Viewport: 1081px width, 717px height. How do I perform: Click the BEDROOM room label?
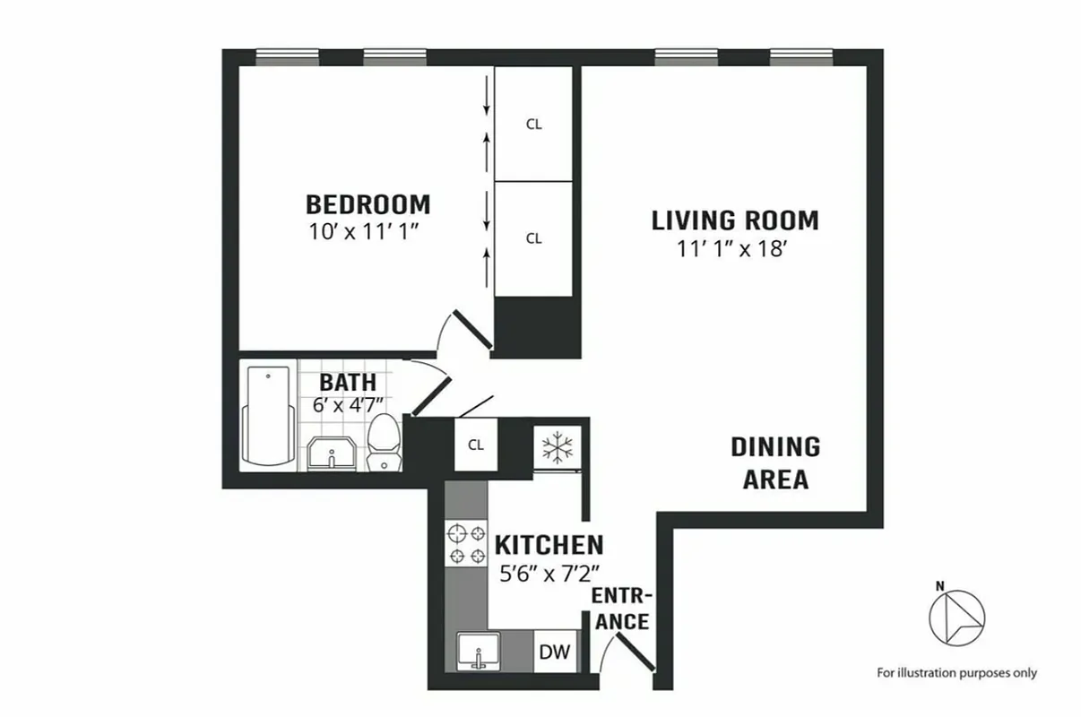coord(368,203)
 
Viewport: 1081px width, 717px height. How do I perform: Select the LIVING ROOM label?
coord(735,220)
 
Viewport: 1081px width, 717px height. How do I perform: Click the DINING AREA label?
coord(775,462)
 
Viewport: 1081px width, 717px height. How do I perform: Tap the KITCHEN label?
coord(549,545)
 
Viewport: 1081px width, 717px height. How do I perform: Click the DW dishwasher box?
coord(554,652)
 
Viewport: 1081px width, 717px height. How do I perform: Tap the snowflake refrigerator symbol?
coord(558,445)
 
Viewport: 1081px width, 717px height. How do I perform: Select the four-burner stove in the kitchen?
coord(465,544)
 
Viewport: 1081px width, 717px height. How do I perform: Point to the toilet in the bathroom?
coord(385,442)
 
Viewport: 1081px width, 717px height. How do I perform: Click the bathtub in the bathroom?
coord(268,417)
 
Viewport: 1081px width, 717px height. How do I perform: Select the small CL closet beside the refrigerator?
coord(475,445)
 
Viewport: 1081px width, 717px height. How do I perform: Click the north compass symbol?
coord(956,617)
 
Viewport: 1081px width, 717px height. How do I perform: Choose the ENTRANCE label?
coord(621,609)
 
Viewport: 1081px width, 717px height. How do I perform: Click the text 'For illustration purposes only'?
coord(956,672)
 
